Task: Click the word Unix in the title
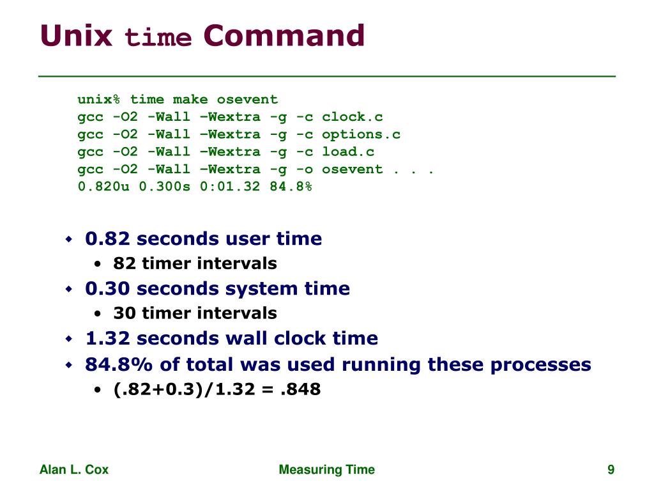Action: (x=76, y=36)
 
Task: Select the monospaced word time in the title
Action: (x=158, y=38)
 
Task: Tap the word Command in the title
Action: (x=284, y=36)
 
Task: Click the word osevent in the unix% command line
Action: (x=247, y=100)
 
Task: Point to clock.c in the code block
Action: (x=353, y=117)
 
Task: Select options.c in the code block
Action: (x=361, y=134)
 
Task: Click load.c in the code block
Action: (x=348, y=152)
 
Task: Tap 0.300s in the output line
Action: (x=164, y=187)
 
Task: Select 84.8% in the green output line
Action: (x=291, y=187)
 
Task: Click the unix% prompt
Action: (x=99, y=100)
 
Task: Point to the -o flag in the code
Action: (x=305, y=169)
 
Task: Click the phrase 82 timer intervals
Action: (x=195, y=263)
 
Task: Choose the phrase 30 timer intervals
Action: (x=195, y=313)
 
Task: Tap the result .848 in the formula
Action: (x=300, y=389)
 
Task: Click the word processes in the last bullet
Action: (x=540, y=364)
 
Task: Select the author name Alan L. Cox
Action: (x=74, y=470)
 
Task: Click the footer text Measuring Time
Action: (x=327, y=470)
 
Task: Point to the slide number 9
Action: (x=611, y=470)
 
